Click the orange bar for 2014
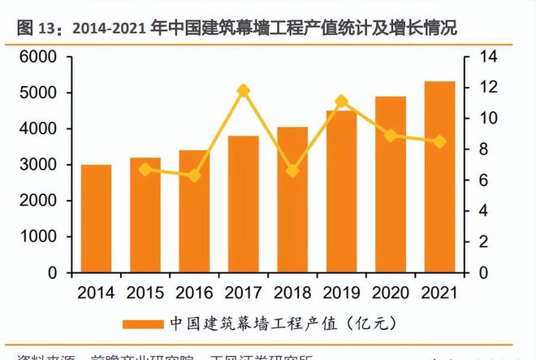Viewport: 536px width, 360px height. (96, 219)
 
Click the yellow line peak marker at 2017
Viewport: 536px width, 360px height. (243, 91)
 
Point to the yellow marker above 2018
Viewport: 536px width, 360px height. (292, 171)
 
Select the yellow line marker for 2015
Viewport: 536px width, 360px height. (145, 170)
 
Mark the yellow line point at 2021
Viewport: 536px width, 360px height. (439, 141)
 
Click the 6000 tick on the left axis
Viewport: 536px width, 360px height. (40, 57)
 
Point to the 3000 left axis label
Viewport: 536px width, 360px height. (40, 165)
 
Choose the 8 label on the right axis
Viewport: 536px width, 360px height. (479, 150)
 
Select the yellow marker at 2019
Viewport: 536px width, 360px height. (341, 102)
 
